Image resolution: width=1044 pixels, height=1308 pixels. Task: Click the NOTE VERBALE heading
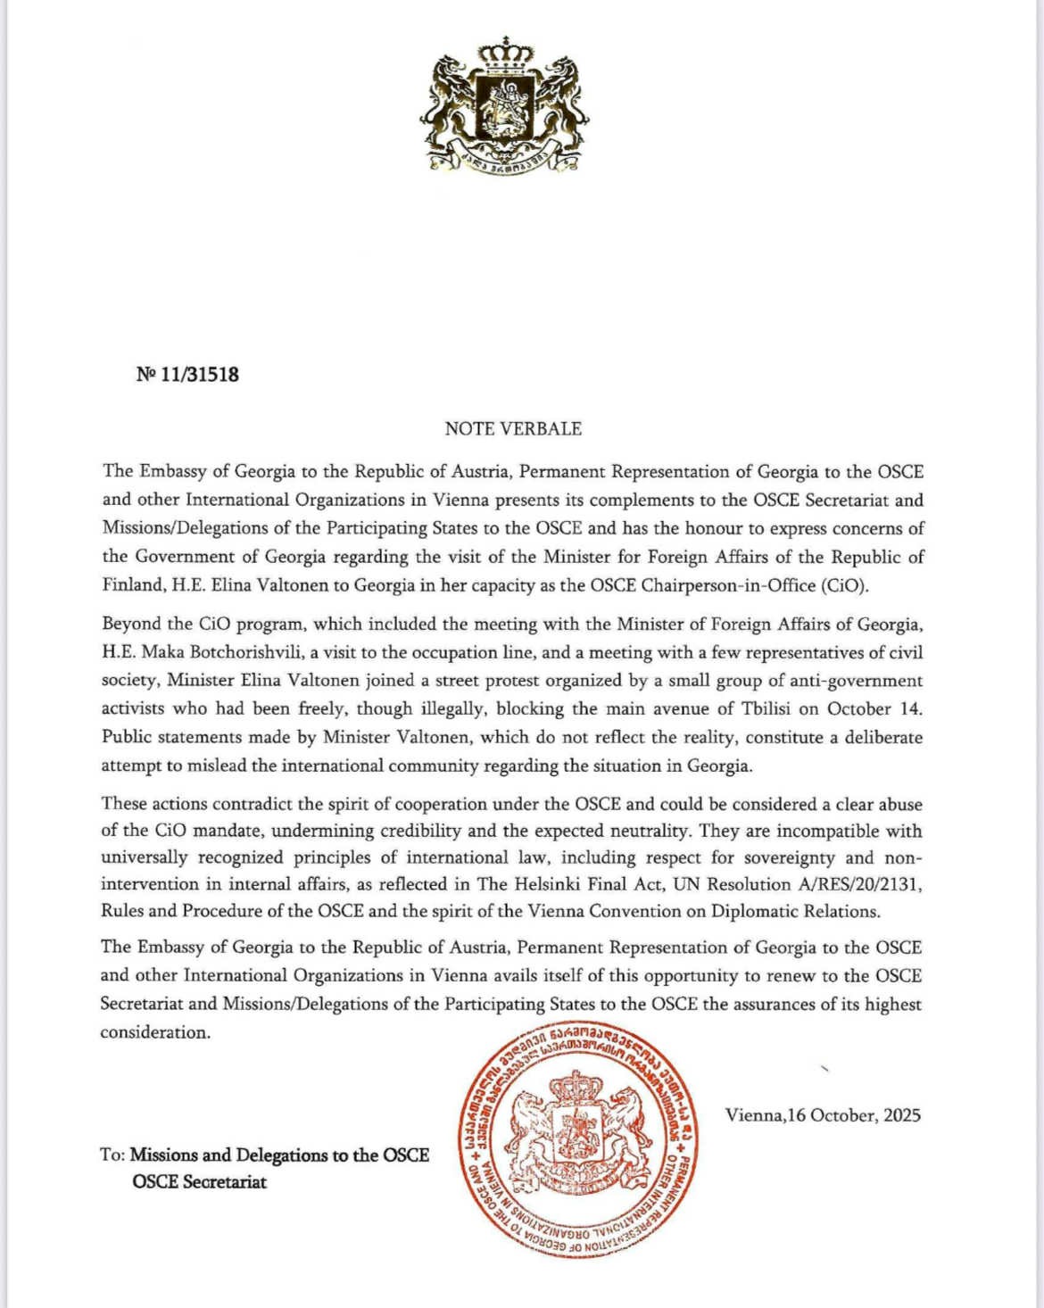[x=513, y=429]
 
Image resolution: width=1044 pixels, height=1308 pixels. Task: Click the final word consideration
[x=155, y=1032]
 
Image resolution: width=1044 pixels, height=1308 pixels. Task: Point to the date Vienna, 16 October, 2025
[x=823, y=1115]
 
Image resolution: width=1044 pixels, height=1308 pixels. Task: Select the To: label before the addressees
[x=112, y=1155]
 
